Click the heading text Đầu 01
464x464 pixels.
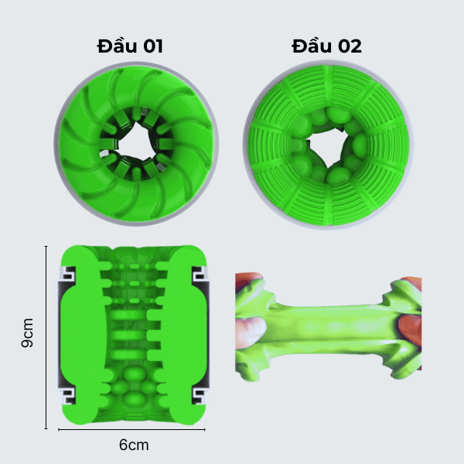click(130, 46)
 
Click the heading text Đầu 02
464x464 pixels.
click(326, 46)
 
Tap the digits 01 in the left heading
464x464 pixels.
click(153, 46)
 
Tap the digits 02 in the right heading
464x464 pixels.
click(350, 46)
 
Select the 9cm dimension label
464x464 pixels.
click(27, 333)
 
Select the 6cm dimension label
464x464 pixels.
click(134, 445)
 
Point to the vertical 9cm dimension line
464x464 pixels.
click(46, 337)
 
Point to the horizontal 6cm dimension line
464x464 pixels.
click(131, 429)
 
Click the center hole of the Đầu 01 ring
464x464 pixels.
click(135, 142)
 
